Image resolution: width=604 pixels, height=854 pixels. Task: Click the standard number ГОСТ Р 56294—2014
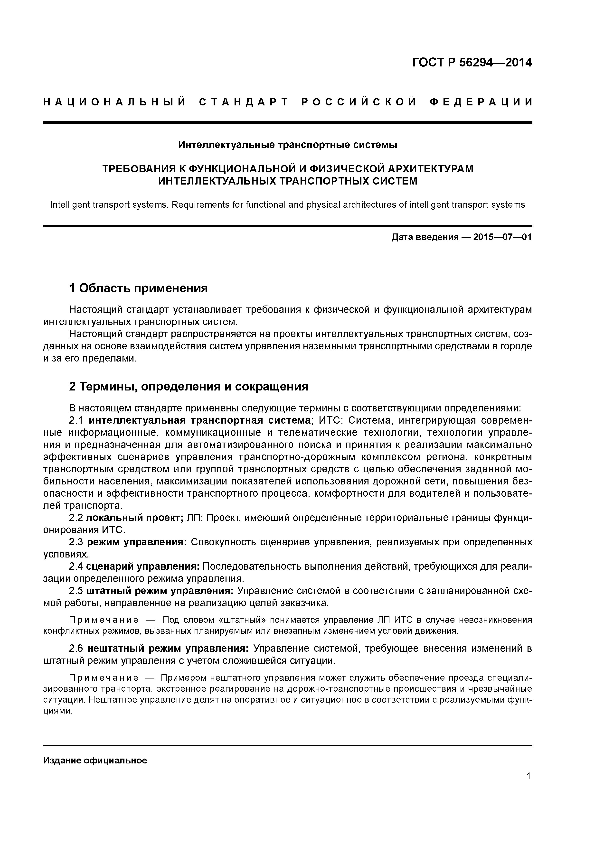(x=472, y=63)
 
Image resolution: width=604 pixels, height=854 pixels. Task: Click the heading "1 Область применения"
(x=138, y=288)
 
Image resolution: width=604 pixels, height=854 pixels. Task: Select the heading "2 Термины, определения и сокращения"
(x=189, y=387)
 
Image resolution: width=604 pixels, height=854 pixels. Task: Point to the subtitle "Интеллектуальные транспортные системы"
(x=287, y=144)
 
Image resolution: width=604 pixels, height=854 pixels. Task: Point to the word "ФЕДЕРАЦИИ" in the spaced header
(x=481, y=102)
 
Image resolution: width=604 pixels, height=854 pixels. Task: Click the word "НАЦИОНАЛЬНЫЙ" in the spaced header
(x=115, y=102)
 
